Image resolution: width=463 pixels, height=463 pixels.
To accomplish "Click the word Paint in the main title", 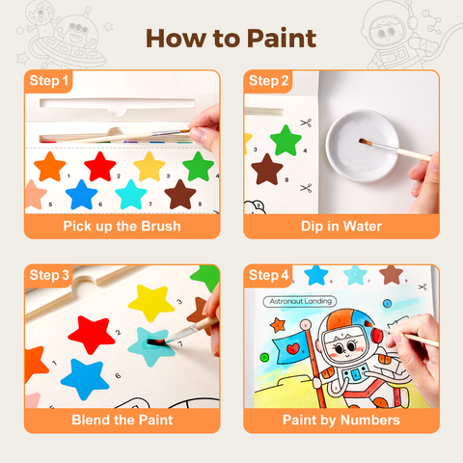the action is click(x=282, y=39).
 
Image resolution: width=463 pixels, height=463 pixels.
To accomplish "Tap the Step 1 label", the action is click(x=49, y=81).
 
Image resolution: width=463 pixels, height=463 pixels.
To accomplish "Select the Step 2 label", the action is click(x=268, y=81).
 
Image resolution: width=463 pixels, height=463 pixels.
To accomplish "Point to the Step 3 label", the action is click(x=49, y=275).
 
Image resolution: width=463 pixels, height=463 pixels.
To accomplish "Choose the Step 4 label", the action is click(x=269, y=275).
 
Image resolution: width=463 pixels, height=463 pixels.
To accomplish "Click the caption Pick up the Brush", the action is click(x=122, y=227).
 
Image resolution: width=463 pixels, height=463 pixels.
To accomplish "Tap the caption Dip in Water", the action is click(x=341, y=227).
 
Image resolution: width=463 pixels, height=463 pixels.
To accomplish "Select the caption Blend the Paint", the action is click(x=123, y=421).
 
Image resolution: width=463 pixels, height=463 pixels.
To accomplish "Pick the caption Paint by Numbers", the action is click(x=341, y=421).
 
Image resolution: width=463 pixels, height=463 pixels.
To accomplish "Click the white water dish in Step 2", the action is click(x=363, y=146).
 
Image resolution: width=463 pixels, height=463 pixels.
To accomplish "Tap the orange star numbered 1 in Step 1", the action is click(x=50, y=167).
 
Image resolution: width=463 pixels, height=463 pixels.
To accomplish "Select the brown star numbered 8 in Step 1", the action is click(x=180, y=195).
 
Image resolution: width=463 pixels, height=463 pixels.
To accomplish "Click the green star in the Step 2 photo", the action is click(x=286, y=141).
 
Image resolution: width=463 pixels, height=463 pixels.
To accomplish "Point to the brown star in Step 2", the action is click(x=267, y=170).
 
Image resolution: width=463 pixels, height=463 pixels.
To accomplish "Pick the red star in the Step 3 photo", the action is click(x=92, y=335).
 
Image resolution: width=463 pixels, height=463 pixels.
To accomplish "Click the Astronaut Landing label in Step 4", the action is click(x=300, y=301).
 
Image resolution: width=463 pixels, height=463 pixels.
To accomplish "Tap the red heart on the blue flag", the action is click(x=292, y=348).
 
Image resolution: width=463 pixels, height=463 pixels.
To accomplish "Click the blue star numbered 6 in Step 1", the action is click(x=81, y=195).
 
